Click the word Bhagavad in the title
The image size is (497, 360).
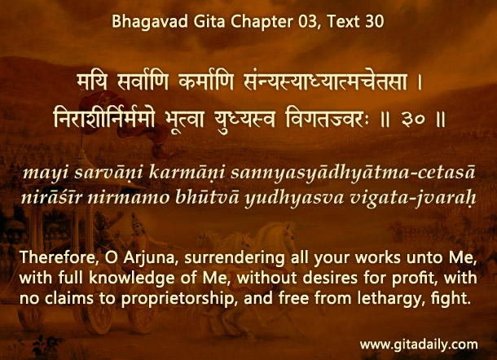coord(150,22)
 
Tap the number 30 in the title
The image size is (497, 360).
coord(374,21)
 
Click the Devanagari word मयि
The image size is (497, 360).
coord(92,82)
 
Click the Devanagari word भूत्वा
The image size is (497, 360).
coord(184,119)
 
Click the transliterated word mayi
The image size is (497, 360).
coord(46,173)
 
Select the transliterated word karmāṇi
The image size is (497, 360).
coord(187,173)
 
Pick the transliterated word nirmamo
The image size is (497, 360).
coord(129,198)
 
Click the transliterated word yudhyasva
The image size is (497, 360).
coord(294,199)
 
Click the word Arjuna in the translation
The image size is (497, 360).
coord(149,258)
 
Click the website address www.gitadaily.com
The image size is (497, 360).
coord(419,345)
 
